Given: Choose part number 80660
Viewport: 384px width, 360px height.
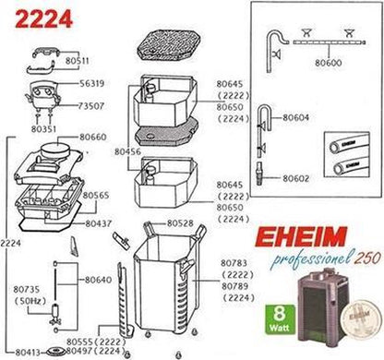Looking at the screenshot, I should [92, 136].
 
